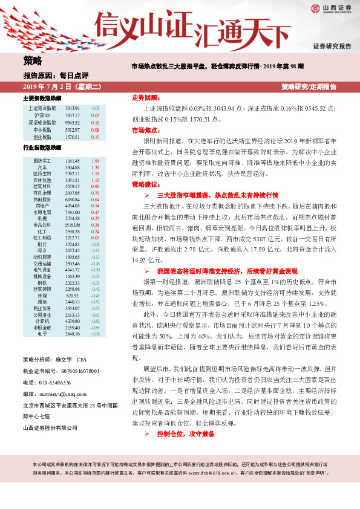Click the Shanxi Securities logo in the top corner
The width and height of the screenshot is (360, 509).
pos(331,8)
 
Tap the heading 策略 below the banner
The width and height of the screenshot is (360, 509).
pos(32,60)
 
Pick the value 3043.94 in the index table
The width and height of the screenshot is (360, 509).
pos(73,108)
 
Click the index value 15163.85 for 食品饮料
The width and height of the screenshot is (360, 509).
pos(73,224)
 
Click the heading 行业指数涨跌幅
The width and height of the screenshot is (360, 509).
pos(42,148)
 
